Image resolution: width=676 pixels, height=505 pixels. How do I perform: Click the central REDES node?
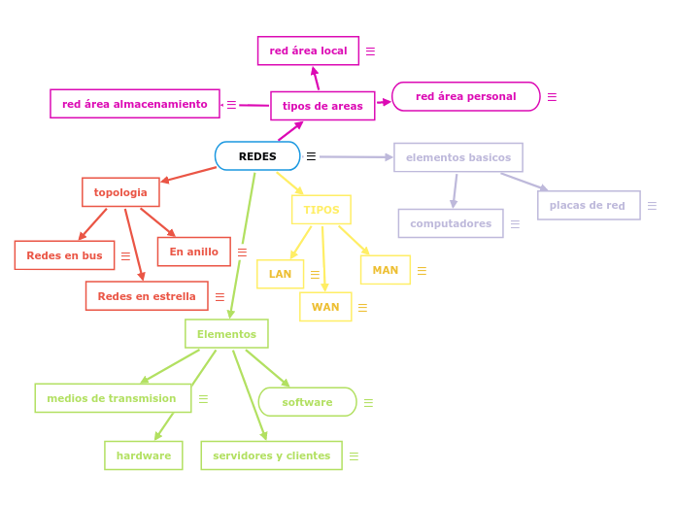[257, 156]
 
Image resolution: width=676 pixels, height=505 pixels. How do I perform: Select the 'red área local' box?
[308, 50]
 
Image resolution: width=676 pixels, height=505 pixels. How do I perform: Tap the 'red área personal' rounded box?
[465, 96]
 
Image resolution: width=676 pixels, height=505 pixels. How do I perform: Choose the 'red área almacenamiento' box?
[135, 104]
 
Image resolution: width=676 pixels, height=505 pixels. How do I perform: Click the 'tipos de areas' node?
[322, 106]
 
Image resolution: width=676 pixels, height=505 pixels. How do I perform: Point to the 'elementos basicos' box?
[458, 157]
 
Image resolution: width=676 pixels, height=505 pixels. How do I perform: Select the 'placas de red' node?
[589, 205]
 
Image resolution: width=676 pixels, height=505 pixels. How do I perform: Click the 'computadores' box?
[451, 223]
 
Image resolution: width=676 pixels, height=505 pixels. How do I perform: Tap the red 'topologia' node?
[120, 192]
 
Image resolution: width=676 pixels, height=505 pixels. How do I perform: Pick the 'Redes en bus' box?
[64, 255]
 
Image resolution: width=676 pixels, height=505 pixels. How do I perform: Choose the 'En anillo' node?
[194, 252]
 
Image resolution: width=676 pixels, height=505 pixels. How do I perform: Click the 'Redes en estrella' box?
[147, 296]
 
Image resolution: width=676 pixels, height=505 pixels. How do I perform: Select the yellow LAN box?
[280, 274]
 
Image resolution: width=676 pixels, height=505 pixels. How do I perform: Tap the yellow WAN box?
[325, 307]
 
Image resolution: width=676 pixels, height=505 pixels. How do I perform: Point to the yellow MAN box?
[386, 270]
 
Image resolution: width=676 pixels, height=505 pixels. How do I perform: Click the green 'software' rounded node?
[307, 402]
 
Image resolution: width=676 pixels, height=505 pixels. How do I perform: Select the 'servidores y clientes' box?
[271, 455]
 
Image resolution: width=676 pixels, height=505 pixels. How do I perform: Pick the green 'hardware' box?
[144, 455]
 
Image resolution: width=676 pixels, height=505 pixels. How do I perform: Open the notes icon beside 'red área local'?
[370, 51]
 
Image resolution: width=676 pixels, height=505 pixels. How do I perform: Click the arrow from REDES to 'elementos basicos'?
[355, 156]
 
